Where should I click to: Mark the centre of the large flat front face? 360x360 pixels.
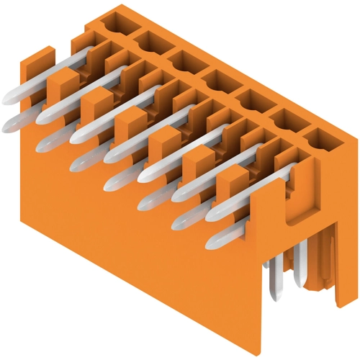click(x=144, y=245)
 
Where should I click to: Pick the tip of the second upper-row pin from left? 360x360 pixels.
click(x=41, y=115)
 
